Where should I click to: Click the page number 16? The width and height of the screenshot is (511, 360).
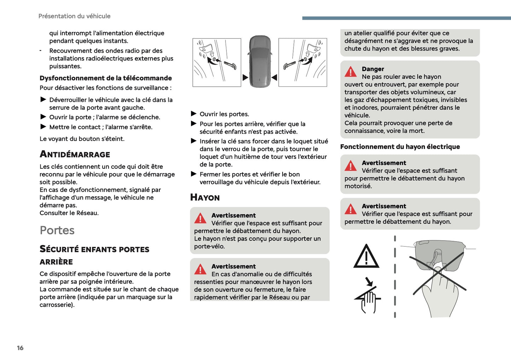20,348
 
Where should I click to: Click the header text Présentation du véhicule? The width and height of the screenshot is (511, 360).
74,16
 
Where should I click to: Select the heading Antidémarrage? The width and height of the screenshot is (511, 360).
75,154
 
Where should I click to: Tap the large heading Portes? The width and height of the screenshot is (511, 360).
57,230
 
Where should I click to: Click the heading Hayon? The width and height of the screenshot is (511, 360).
205,197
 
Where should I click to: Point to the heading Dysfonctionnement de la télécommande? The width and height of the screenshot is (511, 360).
105,78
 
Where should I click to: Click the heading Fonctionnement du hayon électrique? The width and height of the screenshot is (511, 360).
400,147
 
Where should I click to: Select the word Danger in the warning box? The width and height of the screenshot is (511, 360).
373,69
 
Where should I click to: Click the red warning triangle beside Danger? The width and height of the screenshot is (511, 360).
350,72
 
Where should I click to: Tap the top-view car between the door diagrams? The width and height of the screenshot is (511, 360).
260,62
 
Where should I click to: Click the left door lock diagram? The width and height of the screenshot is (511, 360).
217,62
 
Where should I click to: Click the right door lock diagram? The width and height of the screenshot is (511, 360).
303,62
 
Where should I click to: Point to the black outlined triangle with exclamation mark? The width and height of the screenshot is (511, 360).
366,256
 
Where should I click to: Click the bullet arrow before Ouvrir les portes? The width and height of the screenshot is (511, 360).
193,114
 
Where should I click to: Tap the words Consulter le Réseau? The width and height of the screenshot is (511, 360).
69,213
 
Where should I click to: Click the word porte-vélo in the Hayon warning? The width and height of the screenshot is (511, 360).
209,246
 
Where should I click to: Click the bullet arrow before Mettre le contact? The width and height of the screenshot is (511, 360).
43,127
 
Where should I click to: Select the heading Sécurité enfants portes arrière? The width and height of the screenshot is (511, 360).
94,255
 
